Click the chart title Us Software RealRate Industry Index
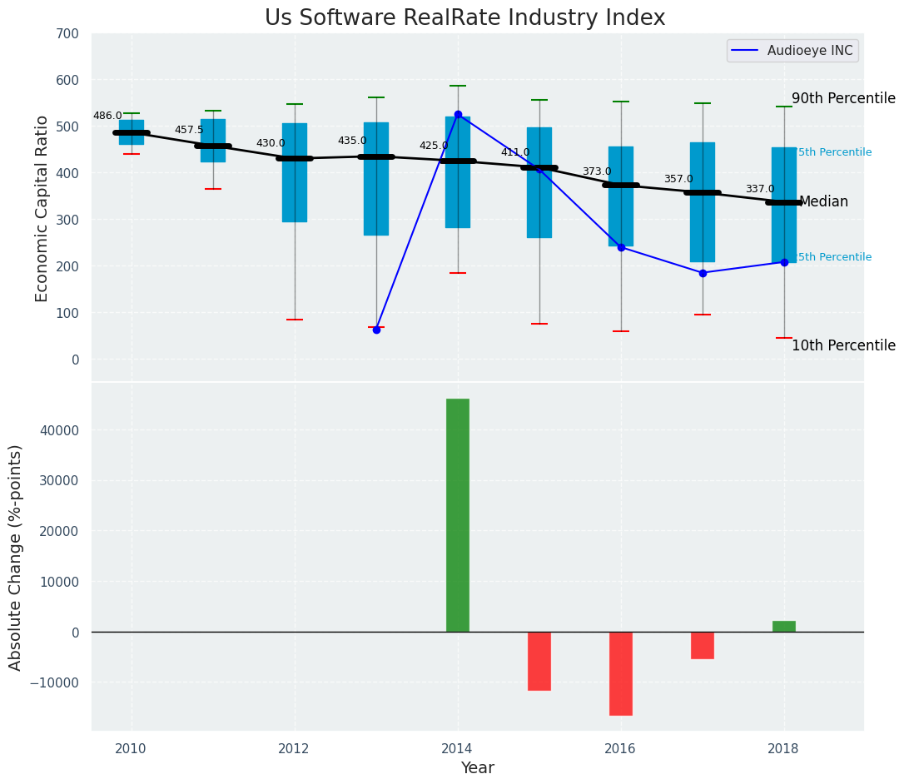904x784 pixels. point(464,18)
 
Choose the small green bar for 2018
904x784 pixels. point(784,626)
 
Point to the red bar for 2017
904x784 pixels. point(703,645)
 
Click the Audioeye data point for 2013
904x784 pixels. point(376,330)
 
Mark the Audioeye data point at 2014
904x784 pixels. point(458,115)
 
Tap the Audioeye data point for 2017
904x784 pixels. point(703,273)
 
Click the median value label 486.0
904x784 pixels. point(107,117)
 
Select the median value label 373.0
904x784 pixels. point(597,172)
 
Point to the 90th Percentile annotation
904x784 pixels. point(843,98)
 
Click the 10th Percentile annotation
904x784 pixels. point(843,345)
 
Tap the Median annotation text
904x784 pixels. point(823,202)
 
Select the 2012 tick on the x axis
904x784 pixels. point(294,748)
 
